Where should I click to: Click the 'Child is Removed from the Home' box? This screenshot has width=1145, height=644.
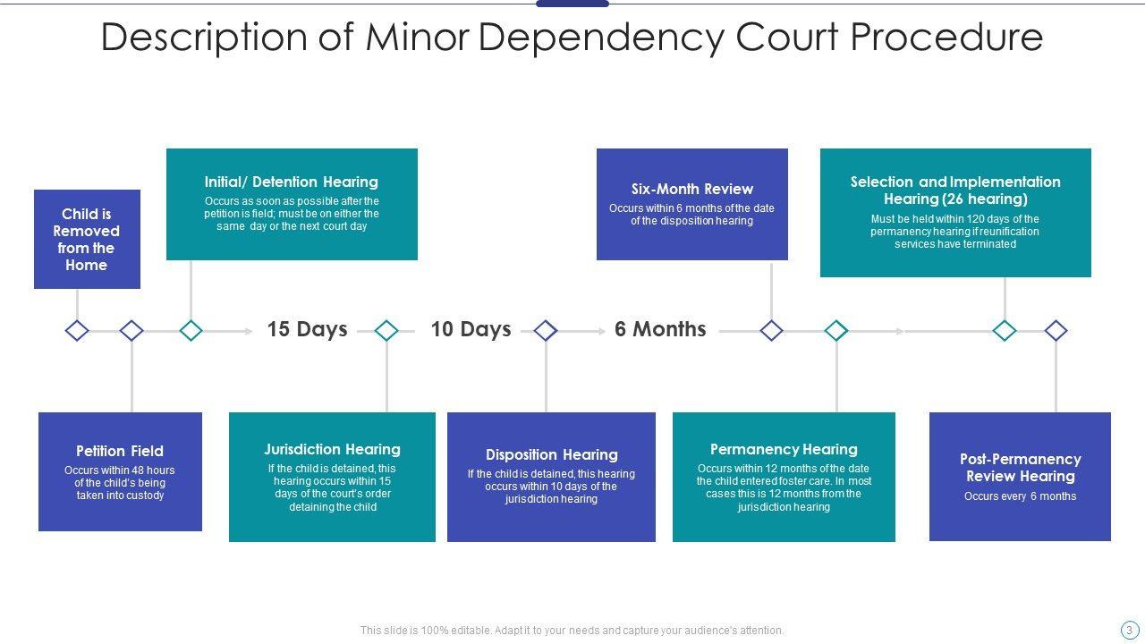(87, 239)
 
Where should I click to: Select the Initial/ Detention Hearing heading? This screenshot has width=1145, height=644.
(291, 182)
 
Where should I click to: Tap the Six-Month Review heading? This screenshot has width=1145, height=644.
(691, 189)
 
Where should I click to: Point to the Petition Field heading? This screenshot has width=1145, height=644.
(120, 451)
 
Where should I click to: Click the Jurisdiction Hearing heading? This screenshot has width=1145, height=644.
(332, 449)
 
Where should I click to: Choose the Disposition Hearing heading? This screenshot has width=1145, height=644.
(551, 454)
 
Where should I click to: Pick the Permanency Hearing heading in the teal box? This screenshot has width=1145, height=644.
(784, 449)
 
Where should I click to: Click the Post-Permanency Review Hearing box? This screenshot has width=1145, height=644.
(1020, 476)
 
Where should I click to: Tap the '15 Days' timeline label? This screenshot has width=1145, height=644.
(307, 329)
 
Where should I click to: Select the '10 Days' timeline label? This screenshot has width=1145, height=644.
(471, 329)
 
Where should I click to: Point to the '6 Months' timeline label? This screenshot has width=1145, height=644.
(660, 329)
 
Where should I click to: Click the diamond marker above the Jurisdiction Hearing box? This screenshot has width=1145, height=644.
(386, 331)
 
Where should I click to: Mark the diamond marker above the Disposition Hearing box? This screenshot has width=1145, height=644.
(546, 331)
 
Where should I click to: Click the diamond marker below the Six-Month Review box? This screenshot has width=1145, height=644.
(771, 331)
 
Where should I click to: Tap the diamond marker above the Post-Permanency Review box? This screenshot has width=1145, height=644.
(1056, 331)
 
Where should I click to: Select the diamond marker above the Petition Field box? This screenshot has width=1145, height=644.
(131, 331)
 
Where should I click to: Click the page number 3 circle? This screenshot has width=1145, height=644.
(1130, 630)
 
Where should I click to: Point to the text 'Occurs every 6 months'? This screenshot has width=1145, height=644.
(1020, 496)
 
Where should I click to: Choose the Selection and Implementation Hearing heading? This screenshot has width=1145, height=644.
(955, 190)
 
